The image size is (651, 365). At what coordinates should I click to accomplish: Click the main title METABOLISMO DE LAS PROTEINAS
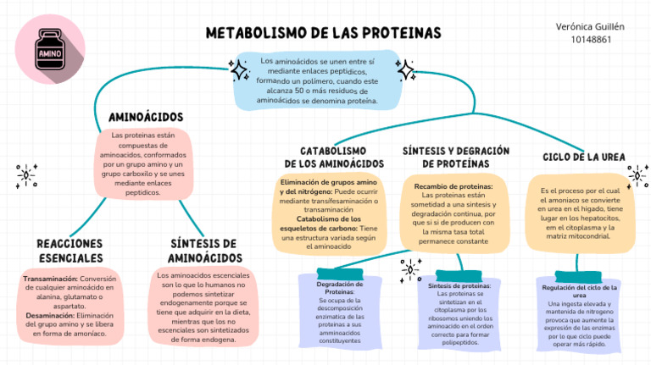point(323,33)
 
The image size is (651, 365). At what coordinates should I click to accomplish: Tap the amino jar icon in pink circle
point(50,51)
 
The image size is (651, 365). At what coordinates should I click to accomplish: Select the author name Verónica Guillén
point(591,26)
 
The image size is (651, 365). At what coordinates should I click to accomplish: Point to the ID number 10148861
point(591,39)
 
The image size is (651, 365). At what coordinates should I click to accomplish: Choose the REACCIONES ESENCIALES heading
point(70,250)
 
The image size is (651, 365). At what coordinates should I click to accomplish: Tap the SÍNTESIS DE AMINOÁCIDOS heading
point(203,250)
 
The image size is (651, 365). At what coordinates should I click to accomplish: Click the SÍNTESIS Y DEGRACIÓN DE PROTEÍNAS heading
point(455,157)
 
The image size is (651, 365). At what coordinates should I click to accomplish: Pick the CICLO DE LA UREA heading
point(584,157)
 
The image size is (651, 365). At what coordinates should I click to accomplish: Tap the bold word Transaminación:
point(51,279)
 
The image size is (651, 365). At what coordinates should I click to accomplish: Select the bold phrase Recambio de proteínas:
point(453,186)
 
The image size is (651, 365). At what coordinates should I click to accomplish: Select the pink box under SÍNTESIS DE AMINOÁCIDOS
point(203,306)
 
